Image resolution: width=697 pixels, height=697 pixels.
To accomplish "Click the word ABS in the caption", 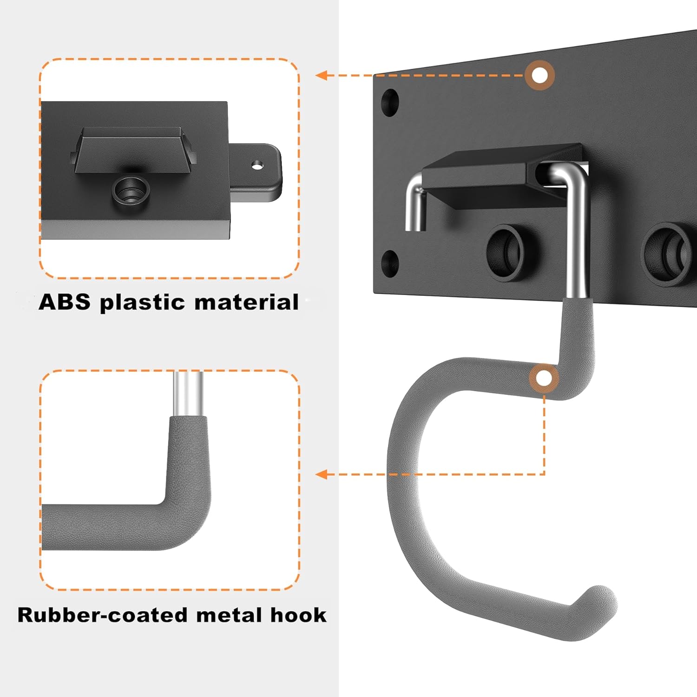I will point(64,302).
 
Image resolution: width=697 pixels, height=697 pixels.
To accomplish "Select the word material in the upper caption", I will point(246,302).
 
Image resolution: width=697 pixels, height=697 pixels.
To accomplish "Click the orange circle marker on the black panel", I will point(539,75).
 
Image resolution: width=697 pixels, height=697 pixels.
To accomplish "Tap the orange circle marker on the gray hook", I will point(544,379).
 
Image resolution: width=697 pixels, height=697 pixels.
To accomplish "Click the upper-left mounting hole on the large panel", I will point(390,102).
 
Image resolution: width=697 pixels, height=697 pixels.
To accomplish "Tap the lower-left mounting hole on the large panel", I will point(389,263).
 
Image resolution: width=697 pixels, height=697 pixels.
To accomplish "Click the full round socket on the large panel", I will point(506,251).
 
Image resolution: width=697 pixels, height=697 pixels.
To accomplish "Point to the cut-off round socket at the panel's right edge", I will point(669,254).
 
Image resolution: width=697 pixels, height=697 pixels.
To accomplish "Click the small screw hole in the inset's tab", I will point(257,165).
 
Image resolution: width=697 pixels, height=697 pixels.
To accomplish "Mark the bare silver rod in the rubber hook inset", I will point(188,393).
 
